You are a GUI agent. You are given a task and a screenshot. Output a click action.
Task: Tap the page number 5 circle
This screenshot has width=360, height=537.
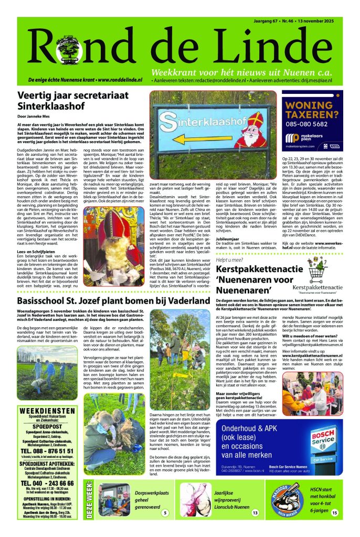click(x=166, y=512)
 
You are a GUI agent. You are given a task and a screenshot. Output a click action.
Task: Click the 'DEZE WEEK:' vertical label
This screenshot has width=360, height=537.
click(x=89, y=502)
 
